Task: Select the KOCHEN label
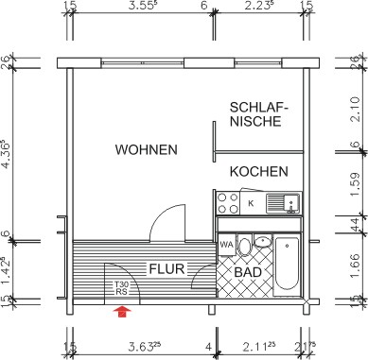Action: (257, 171)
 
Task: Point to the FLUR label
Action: (166, 268)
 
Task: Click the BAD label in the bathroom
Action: (247, 272)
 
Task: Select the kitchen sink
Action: (284, 202)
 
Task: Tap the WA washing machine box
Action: (226, 245)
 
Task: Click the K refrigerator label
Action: (251, 202)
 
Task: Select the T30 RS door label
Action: (121, 287)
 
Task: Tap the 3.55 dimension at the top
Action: (142, 7)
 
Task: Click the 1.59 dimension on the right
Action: (353, 180)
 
